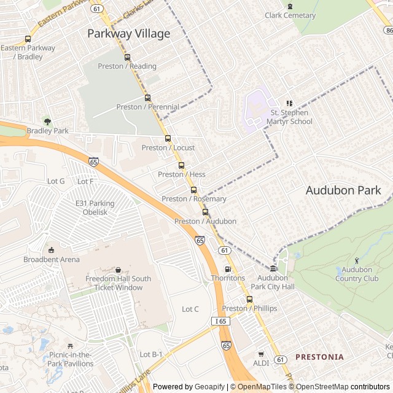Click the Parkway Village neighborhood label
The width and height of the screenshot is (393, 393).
(128, 34)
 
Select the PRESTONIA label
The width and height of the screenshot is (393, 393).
(319, 357)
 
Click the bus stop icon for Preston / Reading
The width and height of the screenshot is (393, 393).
(127, 57)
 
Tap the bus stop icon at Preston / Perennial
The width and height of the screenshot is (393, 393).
(147, 98)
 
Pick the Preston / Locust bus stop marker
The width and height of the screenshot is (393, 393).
(168, 138)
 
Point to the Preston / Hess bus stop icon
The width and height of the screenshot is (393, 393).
(181, 165)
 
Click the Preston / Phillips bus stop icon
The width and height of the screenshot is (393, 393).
(249, 299)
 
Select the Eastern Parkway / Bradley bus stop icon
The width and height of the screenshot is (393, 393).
(28, 39)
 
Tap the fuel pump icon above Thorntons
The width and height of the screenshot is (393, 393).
(228, 269)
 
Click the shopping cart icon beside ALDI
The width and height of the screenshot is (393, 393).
(260, 354)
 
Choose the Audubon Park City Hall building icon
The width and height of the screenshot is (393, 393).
(273, 268)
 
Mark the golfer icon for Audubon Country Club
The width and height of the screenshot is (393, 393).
(356, 260)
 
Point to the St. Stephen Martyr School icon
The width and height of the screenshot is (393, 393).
(289, 103)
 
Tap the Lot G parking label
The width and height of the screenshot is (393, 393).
(56, 181)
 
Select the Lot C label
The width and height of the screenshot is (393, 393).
(190, 309)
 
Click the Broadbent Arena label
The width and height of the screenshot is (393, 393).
(52, 259)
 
